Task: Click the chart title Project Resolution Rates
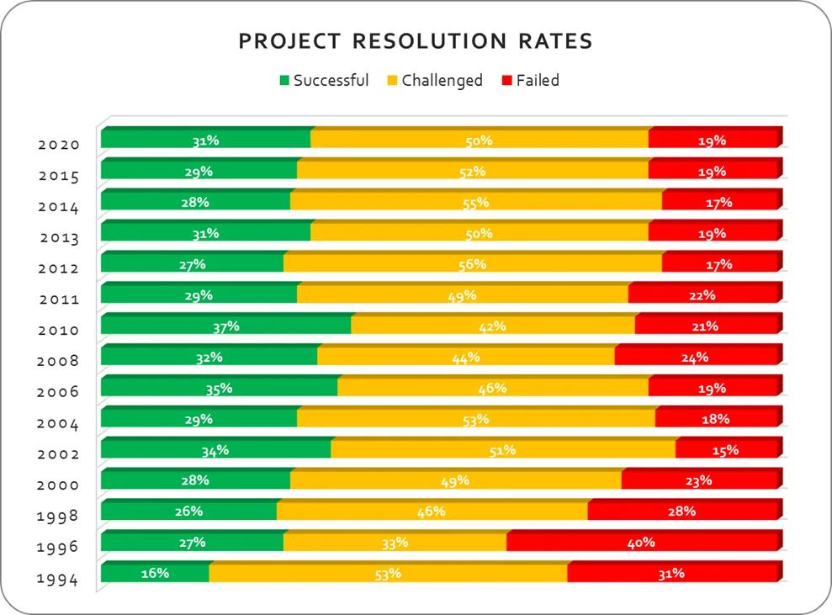(416, 41)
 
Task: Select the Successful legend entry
(324, 81)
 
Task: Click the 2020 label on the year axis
(59, 145)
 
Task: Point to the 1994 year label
(59, 579)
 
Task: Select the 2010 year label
(59, 331)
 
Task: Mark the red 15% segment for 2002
(725, 450)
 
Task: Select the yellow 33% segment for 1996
(395, 543)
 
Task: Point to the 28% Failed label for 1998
(682, 512)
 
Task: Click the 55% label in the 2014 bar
(475, 203)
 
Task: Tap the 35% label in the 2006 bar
(219, 389)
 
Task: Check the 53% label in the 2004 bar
(475, 419)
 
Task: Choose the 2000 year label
(59, 485)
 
